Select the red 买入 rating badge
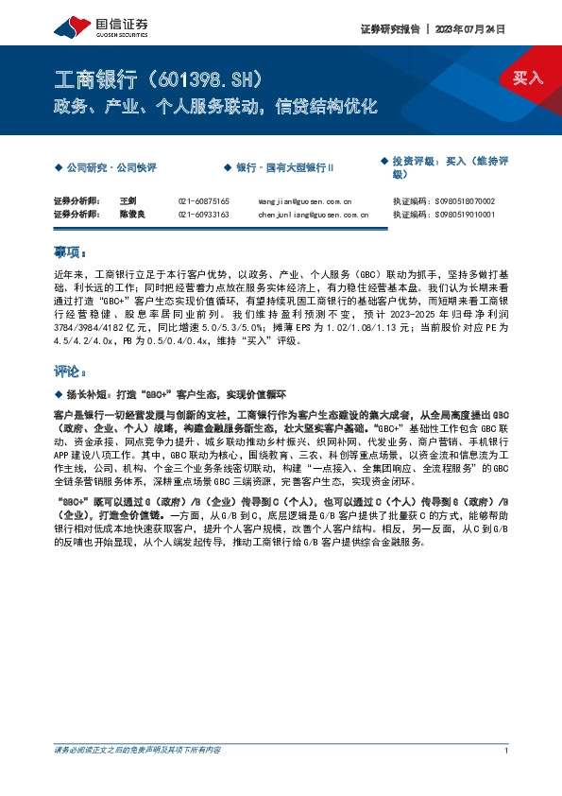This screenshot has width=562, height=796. click(528, 78)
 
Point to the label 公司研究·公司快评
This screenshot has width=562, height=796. click(111, 167)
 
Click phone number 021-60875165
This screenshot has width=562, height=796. click(203, 201)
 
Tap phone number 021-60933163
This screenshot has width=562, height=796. click(203, 215)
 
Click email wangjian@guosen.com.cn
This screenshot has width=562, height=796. click(304, 201)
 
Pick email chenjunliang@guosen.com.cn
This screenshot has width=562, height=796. click(313, 215)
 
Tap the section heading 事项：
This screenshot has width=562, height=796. click(69, 253)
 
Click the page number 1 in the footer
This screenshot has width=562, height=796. click(507, 751)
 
